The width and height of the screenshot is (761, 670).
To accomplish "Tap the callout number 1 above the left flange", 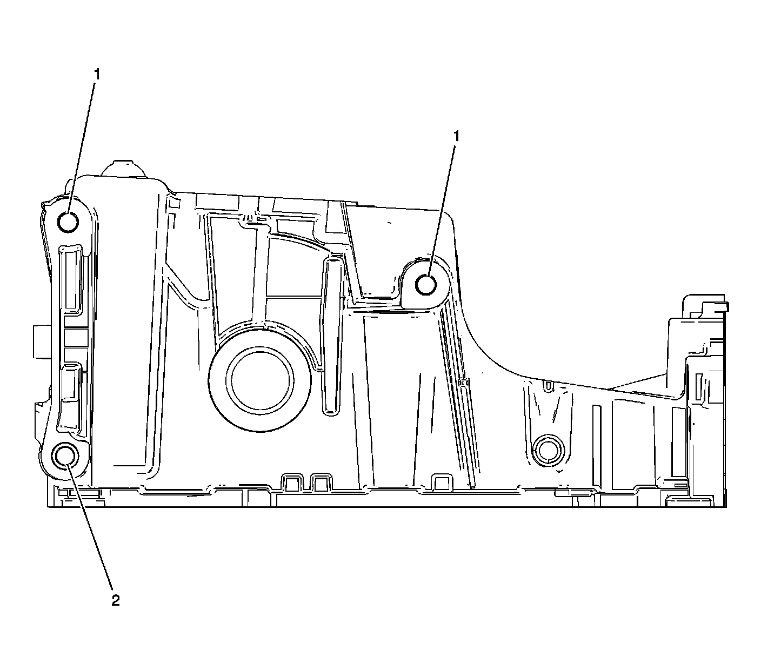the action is [x=97, y=75].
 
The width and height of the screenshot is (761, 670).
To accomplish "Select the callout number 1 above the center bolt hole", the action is [x=457, y=137].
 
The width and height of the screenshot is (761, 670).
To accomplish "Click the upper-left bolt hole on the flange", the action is [x=68, y=222].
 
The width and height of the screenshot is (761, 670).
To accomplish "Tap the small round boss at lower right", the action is [x=548, y=448].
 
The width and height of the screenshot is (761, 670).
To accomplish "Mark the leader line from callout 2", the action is [x=90, y=524].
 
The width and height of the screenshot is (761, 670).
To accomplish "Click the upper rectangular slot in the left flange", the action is [x=71, y=278].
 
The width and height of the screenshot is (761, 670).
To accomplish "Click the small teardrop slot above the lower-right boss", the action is [x=549, y=386].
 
